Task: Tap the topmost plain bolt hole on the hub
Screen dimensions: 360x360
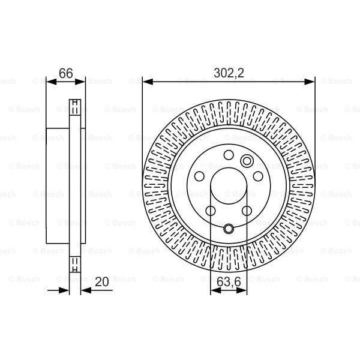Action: click(228, 155)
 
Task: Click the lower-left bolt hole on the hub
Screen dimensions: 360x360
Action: click(211, 211)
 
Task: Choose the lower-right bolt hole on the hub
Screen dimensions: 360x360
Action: click(247, 211)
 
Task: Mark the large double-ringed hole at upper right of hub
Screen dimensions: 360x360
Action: click(246, 161)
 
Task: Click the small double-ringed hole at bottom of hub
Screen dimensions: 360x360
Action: click(229, 229)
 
